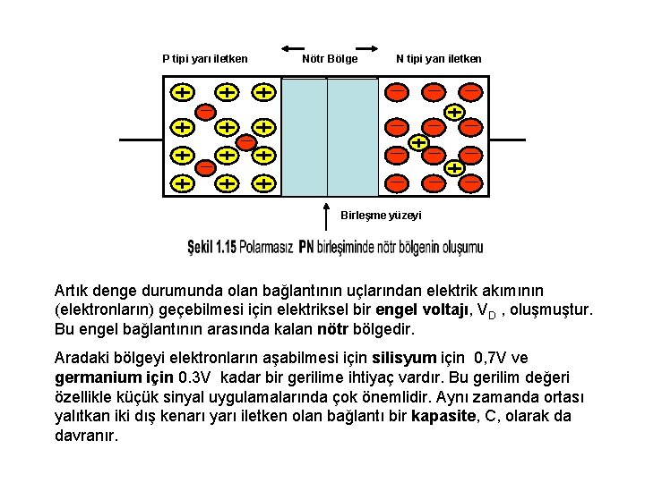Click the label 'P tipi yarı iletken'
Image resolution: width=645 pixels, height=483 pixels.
click(204, 59)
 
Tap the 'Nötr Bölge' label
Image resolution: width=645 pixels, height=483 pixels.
click(330, 59)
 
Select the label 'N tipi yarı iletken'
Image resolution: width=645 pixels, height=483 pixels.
click(439, 59)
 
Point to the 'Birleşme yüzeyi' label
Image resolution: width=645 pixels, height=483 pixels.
click(381, 216)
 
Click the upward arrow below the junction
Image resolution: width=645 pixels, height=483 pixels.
click(326, 216)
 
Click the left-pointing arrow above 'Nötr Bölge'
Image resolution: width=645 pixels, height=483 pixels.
click(293, 47)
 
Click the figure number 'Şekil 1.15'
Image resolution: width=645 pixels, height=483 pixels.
click(211, 247)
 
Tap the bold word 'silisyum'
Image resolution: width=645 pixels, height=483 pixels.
click(436, 359)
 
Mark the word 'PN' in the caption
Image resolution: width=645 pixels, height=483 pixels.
click(307, 247)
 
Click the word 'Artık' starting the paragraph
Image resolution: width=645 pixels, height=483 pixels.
click(72, 291)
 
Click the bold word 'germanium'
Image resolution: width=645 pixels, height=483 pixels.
click(95, 377)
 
